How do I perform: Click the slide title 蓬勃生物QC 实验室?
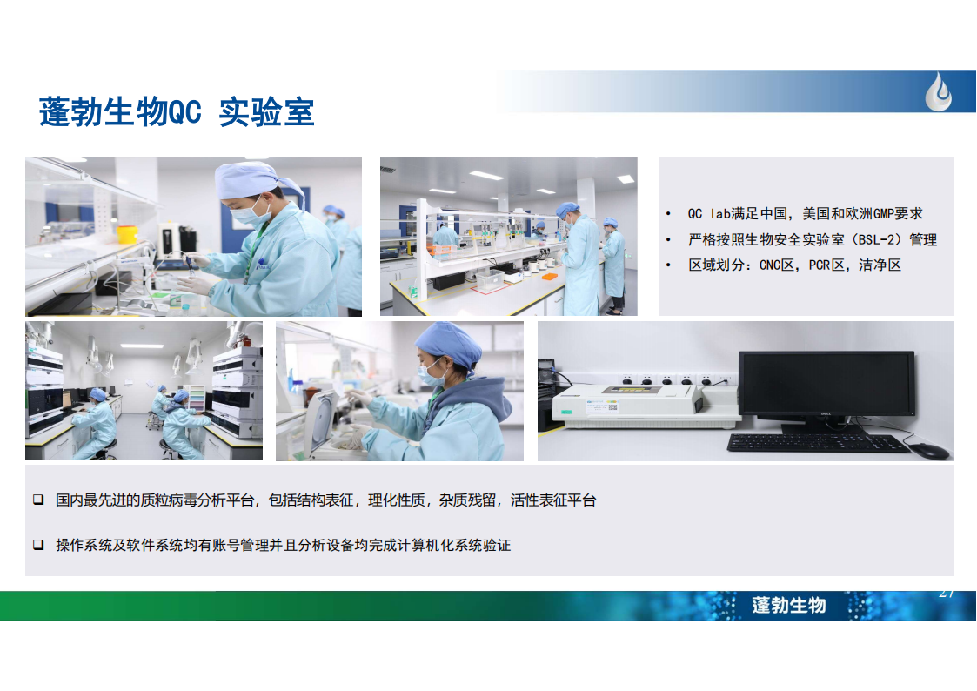click(177, 112)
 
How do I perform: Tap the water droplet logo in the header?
click(939, 91)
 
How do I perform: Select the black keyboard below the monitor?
click(818, 442)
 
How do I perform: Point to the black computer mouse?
click(928, 450)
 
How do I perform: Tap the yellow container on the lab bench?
click(127, 233)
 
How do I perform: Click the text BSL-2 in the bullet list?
click(878, 240)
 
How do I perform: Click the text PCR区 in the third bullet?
click(826, 265)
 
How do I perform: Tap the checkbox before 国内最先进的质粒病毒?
click(38, 500)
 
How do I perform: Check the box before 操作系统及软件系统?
click(38, 545)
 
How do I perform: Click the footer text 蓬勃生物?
click(789, 605)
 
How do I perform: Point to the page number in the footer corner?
click(947, 594)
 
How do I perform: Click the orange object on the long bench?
click(550, 276)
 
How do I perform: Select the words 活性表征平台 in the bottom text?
click(553, 500)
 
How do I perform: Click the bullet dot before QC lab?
click(668, 214)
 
